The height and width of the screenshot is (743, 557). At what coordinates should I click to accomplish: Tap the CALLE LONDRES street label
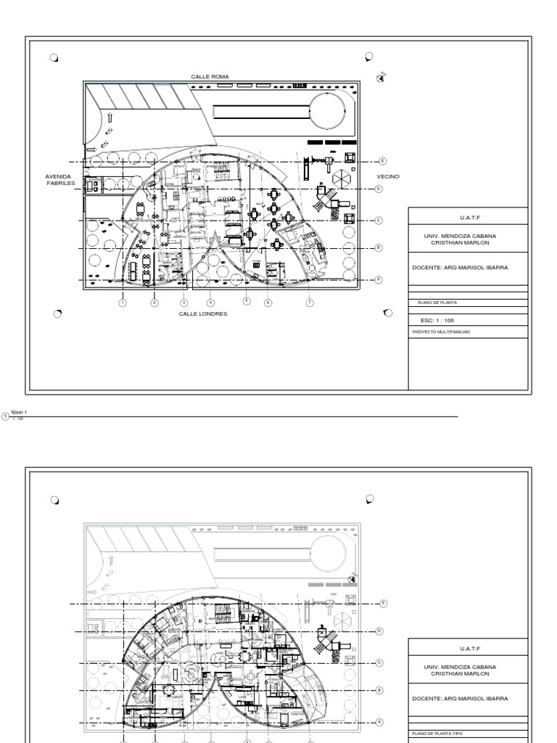click(203, 313)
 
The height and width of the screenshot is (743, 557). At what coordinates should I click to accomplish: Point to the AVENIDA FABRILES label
click(60, 179)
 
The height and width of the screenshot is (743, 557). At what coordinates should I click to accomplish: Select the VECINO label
click(387, 176)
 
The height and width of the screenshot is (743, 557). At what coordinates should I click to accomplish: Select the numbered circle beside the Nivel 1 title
click(5, 416)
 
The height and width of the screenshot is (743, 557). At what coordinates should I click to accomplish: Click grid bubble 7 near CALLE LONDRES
click(310, 302)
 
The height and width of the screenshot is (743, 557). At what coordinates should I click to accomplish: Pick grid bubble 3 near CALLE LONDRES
click(184, 303)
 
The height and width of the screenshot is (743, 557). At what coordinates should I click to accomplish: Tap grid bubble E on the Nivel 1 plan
click(383, 161)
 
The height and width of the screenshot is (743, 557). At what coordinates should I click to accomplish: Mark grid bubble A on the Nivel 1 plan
click(379, 279)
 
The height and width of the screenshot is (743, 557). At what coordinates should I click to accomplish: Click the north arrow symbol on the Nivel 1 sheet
click(381, 78)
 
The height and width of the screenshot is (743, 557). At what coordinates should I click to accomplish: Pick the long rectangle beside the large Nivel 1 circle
click(261, 112)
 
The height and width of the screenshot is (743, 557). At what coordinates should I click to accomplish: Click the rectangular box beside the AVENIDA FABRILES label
click(92, 185)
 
